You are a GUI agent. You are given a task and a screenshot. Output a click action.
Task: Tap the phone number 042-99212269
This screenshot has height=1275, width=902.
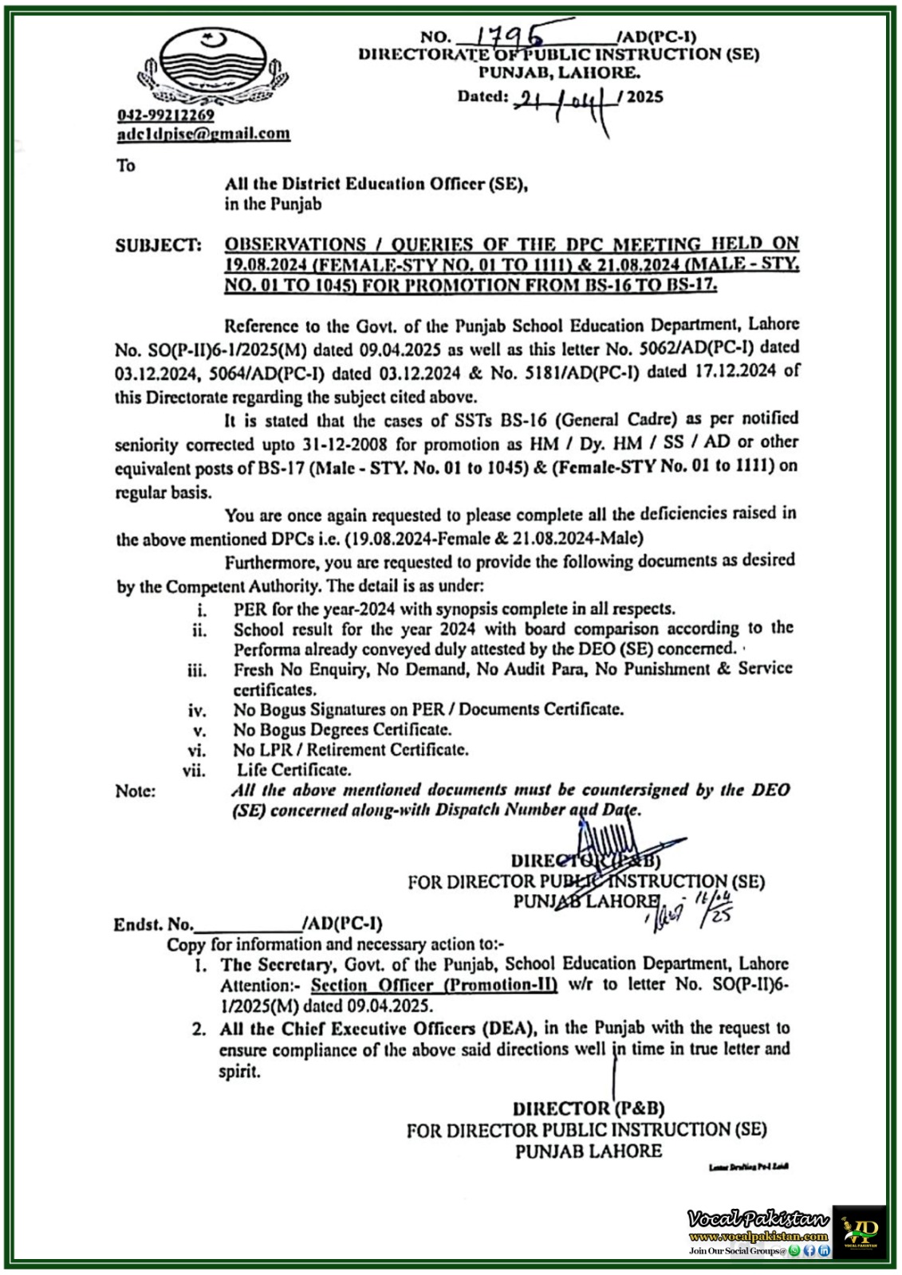(x=166, y=116)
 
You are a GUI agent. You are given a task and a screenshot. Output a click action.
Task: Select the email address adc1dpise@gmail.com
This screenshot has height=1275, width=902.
(x=203, y=134)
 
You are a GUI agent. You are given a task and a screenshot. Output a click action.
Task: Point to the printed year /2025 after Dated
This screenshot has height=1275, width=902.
(x=645, y=98)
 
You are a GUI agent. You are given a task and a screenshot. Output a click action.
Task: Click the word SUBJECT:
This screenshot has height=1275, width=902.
(x=159, y=245)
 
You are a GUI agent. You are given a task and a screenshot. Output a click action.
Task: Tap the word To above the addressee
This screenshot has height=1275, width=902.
(x=126, y=166)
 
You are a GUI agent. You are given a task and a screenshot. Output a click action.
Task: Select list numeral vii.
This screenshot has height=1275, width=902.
(x=195, y=771)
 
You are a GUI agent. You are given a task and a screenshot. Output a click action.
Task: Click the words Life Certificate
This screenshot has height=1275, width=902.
(x=293, y=770)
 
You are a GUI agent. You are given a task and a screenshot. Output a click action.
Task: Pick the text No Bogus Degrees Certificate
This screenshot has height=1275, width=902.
(x=343, y=729)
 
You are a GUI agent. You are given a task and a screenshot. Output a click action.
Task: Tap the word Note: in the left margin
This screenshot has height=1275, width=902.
(x=136, y=790)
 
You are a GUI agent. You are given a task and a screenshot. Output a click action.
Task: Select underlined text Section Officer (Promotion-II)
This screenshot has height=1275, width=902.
(x=434, y=984)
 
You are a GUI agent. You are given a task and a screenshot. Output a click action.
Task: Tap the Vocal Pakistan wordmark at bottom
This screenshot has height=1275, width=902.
(x=758, y=1218)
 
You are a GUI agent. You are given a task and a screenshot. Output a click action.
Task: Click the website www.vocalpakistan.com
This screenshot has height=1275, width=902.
(x=758, y=1236)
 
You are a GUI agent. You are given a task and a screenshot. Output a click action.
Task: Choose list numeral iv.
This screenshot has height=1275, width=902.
(x=197, y=710)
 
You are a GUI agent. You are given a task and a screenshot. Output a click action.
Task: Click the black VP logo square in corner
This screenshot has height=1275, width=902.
(x=860, y=1232)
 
